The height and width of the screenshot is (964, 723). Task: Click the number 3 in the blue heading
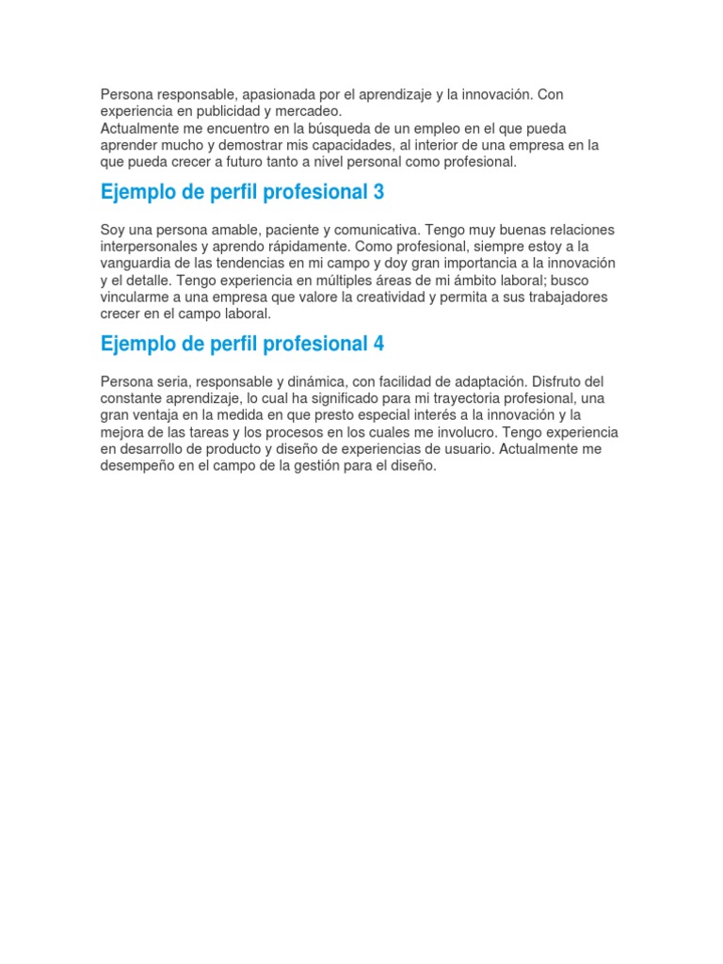(x=378, y=193)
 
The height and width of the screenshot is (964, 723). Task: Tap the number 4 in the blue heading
(x=378, y=345)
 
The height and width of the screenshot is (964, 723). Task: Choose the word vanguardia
(x=137, y=264)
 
